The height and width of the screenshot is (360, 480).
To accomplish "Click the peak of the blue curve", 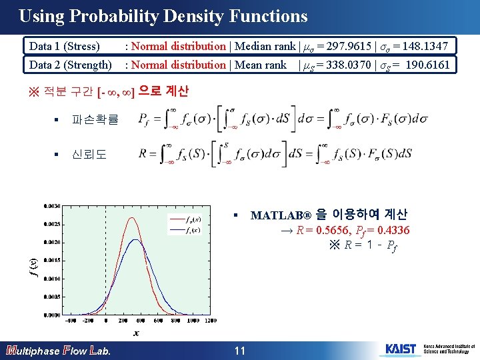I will [135, 239].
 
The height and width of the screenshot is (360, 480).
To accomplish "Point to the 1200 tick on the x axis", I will [211, 321].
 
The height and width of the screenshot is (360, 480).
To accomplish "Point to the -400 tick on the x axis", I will [71, 321].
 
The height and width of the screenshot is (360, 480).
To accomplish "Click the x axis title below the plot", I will [135, 333].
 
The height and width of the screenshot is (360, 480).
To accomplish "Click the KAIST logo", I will [400, 349].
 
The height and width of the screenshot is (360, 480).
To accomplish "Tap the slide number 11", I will [240, 351].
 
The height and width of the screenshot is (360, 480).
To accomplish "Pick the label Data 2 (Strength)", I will [70, 65].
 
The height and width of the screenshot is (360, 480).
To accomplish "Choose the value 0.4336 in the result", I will [393, 231].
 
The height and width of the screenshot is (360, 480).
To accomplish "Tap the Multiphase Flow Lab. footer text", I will [59, 351].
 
